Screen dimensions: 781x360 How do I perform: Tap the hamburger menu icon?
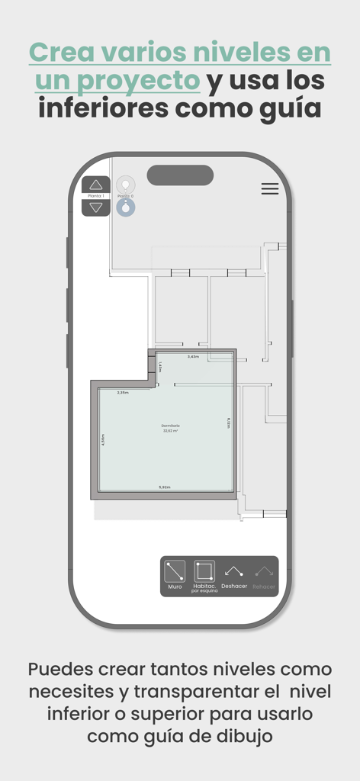pyautogui.click(x=269, y=189)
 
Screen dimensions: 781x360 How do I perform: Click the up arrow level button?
pyautogui.click(x=96, y=185)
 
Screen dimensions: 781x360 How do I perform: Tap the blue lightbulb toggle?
pyautogui.click(x=126, y=207)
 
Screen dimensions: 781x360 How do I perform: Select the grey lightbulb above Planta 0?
pyautogui.click(x=126, y=185)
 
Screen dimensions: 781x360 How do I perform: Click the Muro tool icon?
pyautogui.click(x=175, y=571)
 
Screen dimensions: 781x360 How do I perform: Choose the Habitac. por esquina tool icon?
pyautogui.click(x=204, y=571)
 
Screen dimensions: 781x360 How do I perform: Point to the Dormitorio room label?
pyautogui.click(x=170, y=426)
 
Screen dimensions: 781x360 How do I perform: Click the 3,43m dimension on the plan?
pyautogui.click(x=193, y=357)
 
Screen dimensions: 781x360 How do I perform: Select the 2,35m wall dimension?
pyautogui.click(x=123, y=393)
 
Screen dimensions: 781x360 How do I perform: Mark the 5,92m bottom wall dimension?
pyautogui.click(x=164, y=487)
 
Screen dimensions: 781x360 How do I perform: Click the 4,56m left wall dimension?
pyautogui.click(x=102, y=439)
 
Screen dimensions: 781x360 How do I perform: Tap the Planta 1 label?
pyautogui.click(x=96, y=196)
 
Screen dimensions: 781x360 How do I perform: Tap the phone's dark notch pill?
pyautogui.click(x=180, y=175)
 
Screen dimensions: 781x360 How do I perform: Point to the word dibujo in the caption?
pyautogui.click(x=246, y=737)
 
